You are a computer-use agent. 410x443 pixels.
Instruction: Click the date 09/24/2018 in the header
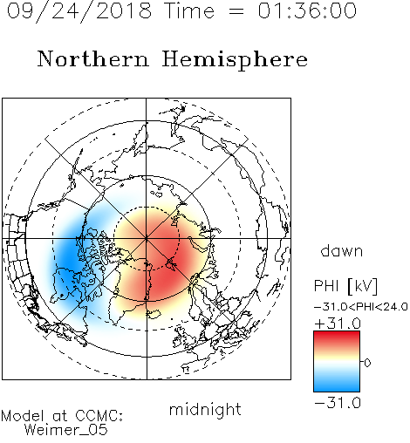click(x=79, y=11)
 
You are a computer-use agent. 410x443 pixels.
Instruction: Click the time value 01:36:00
click(x=307, y=10)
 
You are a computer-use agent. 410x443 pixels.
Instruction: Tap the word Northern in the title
click(x=93, y=58)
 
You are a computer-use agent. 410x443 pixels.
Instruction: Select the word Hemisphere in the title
click(x=235, y=59)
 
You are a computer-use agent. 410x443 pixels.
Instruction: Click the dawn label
click(x=342, y=250)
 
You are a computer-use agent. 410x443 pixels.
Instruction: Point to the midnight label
click(x=205, y=409)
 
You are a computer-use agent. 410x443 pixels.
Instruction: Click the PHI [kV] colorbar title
click(x=346, y=286)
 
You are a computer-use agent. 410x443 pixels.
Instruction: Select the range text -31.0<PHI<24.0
click(x=360, y=306)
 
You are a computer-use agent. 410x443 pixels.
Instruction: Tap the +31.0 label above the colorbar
click(x=338, y=324)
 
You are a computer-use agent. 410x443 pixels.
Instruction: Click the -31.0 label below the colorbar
click(x=338, y=403)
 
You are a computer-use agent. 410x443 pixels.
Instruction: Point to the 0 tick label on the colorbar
click(x=367, y=363)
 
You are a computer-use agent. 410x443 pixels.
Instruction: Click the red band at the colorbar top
click(x=337, y=337)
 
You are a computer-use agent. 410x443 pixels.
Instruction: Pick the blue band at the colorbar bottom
click(x=337, y=386)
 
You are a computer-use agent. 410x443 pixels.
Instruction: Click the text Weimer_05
click(x=66, y=430)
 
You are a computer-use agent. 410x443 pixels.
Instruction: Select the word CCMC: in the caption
click(x=99, y=416)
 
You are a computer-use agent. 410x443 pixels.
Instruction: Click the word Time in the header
click(x=189, y=10)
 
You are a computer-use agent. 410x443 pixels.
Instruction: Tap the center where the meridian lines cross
click(x=147, y=238)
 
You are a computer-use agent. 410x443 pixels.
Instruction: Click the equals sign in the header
click(x=236, y=12)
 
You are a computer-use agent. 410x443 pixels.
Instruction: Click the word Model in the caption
click(x=24, y=416)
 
